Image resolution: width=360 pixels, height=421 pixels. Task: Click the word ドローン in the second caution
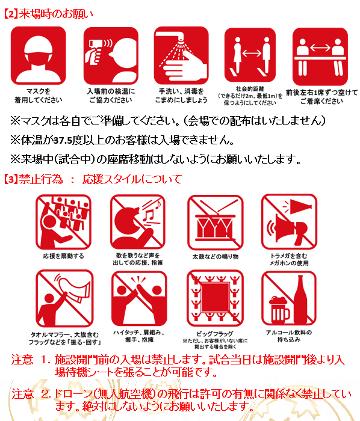pyautogui.click(x=76, y=394)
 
